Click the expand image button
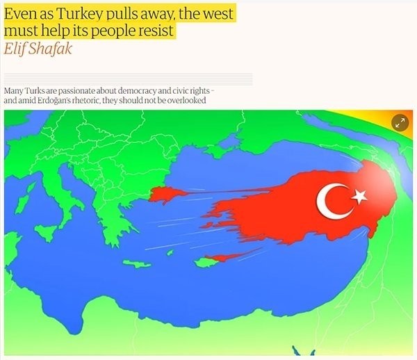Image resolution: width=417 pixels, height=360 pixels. tap(400, 122)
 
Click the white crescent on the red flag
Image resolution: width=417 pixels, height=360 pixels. tap(329, 199)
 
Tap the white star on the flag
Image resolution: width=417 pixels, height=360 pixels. tap(359, 196)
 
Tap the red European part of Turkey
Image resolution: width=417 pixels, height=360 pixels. tap(165, 194)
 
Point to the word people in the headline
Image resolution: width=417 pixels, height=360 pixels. tap(107, 31)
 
